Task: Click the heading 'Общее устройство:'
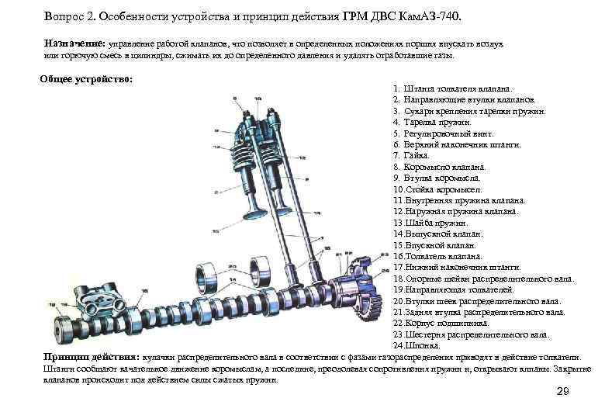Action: (x=86, y=80)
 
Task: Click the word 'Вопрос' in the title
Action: (x=67, y=16)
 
